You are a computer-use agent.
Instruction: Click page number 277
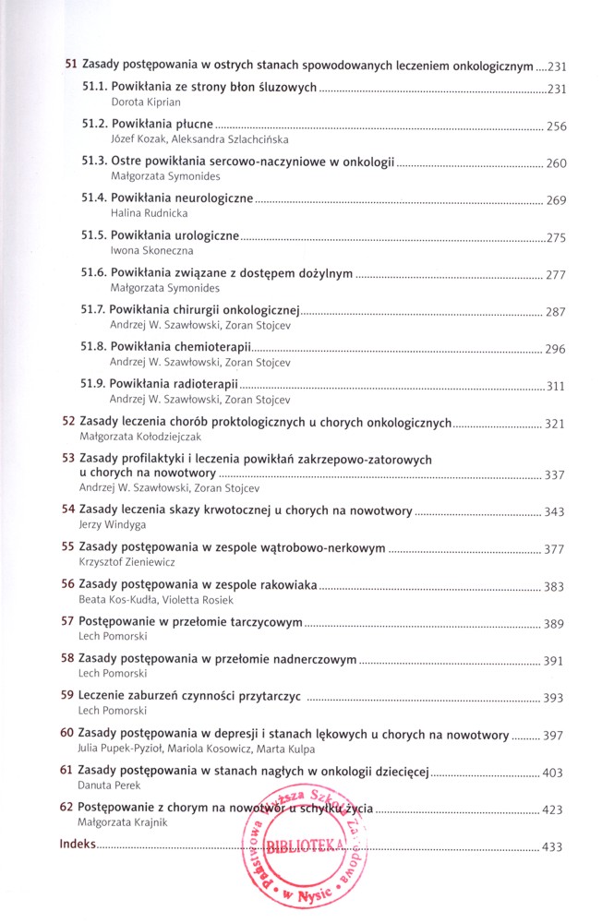point(555,275)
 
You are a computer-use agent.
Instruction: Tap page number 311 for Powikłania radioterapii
point(555,386)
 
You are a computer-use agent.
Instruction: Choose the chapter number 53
point(67,459)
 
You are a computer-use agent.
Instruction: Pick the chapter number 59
point(67,698)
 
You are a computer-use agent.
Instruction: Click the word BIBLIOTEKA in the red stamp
point(305,844)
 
